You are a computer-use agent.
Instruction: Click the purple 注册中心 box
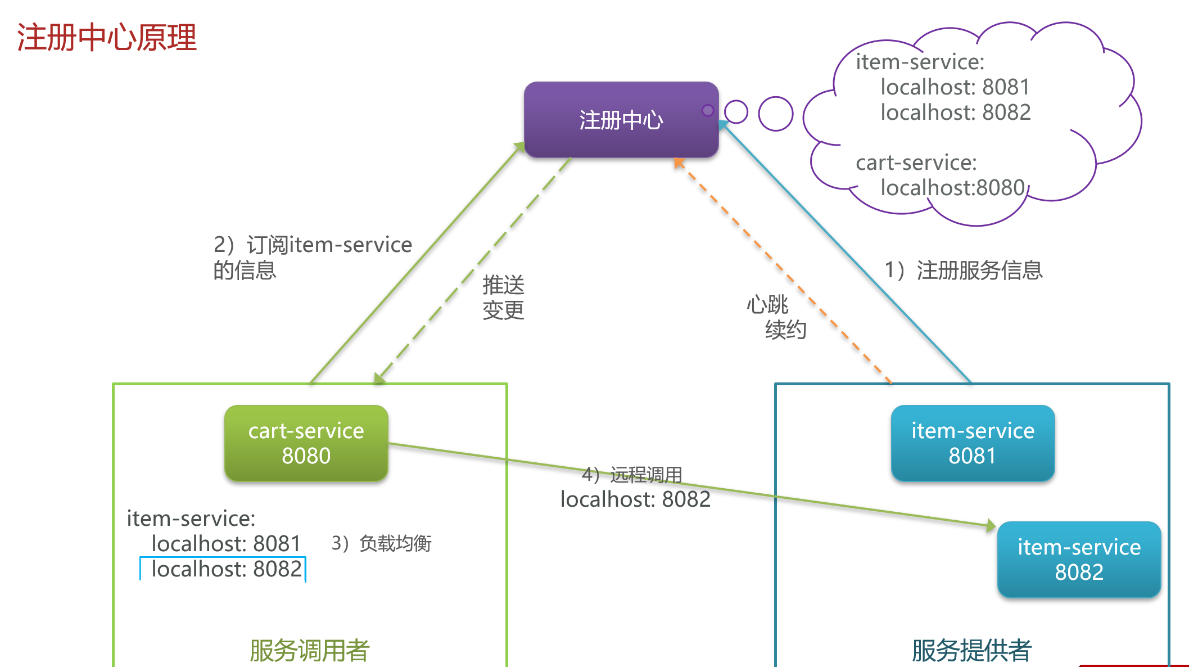621,120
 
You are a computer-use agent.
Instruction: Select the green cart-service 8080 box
306,443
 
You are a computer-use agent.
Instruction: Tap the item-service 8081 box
973,443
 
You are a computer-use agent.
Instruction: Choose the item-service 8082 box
1079,560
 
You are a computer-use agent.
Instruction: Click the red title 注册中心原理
107,38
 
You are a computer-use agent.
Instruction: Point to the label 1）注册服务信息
964,271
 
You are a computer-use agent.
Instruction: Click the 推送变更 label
503,298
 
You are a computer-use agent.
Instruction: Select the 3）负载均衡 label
381,543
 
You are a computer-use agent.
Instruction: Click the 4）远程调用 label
632,475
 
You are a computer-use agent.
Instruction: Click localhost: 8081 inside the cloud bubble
955,87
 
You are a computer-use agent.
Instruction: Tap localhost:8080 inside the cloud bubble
953,188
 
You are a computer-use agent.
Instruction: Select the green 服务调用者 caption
309,651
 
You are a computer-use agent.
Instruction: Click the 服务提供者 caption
971,651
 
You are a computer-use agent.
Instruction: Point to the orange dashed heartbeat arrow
783,271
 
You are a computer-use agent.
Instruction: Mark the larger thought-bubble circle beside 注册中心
776,114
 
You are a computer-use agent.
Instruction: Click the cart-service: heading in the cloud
916,163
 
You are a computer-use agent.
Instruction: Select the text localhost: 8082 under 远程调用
636,499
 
